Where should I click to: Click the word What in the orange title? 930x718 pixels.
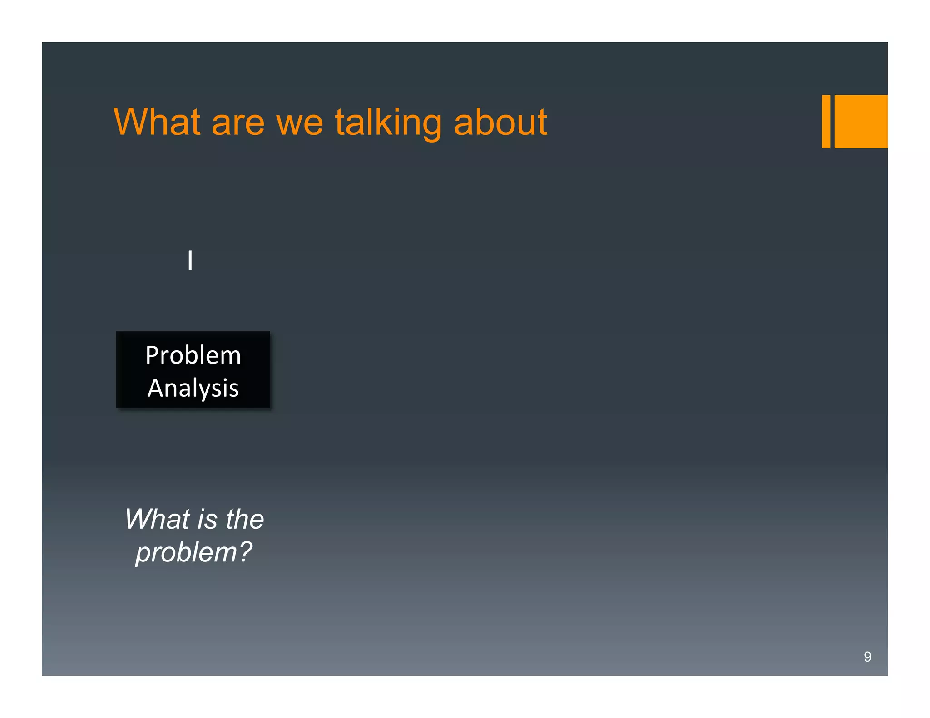tap(157, 122)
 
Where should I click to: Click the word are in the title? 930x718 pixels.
tap(238, 124)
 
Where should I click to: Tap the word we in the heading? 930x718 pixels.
tap(299, 124)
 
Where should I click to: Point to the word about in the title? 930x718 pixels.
tap(500, 122)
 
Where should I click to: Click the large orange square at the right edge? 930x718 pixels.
tap(861, 122)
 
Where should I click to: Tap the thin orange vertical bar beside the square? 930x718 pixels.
tap(826, 122)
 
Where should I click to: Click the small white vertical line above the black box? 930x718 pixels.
tap(190, 261)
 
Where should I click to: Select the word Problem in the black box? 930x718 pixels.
tap(193, 355)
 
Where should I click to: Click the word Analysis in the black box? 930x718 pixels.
tap(193, 388)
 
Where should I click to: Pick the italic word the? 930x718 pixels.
tap(245, 519)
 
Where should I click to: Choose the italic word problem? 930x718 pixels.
tap(187, 553)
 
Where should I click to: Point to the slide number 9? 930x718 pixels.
tap(867, 657)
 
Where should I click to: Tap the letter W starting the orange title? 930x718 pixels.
tap(130, 122)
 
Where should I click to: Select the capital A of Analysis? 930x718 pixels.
tap(156, 388)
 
